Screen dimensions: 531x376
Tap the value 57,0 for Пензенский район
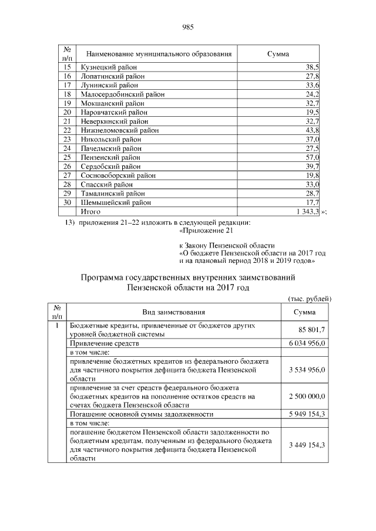pos(311,158)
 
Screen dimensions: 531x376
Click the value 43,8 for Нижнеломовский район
pos(311,130)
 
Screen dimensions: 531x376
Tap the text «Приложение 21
pos(206,231)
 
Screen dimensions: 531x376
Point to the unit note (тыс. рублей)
pos(309,299)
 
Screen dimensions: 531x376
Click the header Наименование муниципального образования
pos(155,54)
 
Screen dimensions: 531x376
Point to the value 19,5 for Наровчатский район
pos(311,112)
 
